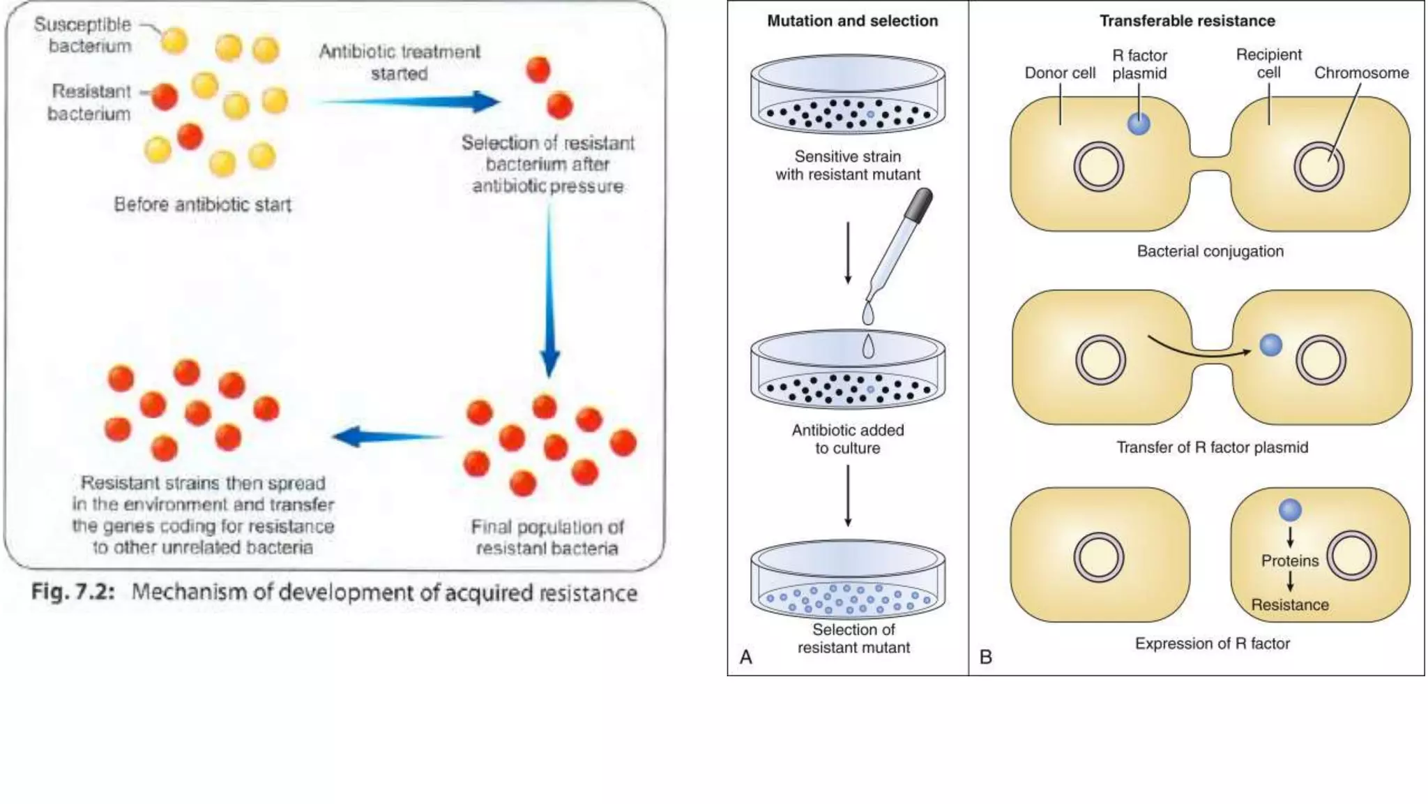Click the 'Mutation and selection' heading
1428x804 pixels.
(852, 21)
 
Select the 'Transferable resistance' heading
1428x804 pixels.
(1187, 21)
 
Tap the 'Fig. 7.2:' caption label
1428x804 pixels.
(73, 592)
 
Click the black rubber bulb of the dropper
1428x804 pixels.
(919, 205)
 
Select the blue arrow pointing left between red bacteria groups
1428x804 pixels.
(388, 437)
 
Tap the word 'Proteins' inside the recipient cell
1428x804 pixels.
(1289, 560)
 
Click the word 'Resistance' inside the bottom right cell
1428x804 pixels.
(1289, 604)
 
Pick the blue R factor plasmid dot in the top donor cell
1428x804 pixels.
(1138, 124)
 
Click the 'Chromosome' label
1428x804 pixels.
(1361, 73)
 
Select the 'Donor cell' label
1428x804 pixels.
(1059, 73)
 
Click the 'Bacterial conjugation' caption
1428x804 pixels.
(1210, 251)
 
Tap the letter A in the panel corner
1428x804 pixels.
(745, 657)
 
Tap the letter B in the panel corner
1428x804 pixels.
(985, 657)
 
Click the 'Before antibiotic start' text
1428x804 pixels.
(202, 204)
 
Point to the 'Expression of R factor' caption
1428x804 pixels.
(1212, 643)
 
